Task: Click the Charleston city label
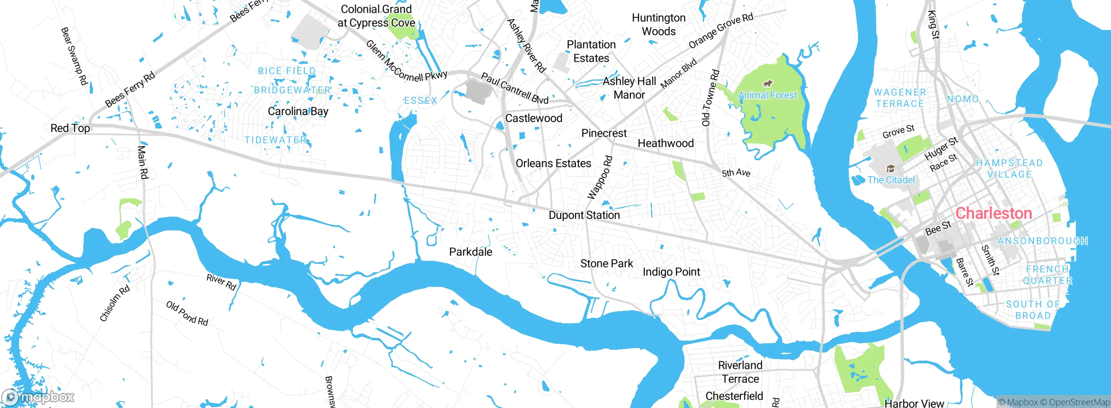tap(994, 213)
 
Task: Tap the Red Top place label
tap(70, 128)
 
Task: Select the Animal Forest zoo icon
tap(767, 83)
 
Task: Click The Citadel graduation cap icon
tap(891, 168)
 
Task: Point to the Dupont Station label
tap(584, 215)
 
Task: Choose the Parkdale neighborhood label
tap(470, 252)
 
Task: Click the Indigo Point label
tap(671, 272)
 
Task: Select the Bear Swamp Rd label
tap(74, 56)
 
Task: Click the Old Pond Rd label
tap(187, 313)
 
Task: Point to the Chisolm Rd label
tap(115, 303)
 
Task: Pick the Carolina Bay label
tap(298, 112)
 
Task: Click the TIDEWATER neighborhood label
tap(276, 140)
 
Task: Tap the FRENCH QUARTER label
tap(1047, 275)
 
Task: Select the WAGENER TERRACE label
tap(900, 98)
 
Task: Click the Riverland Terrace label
tap(740, 372)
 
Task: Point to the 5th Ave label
tap(736, 173)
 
